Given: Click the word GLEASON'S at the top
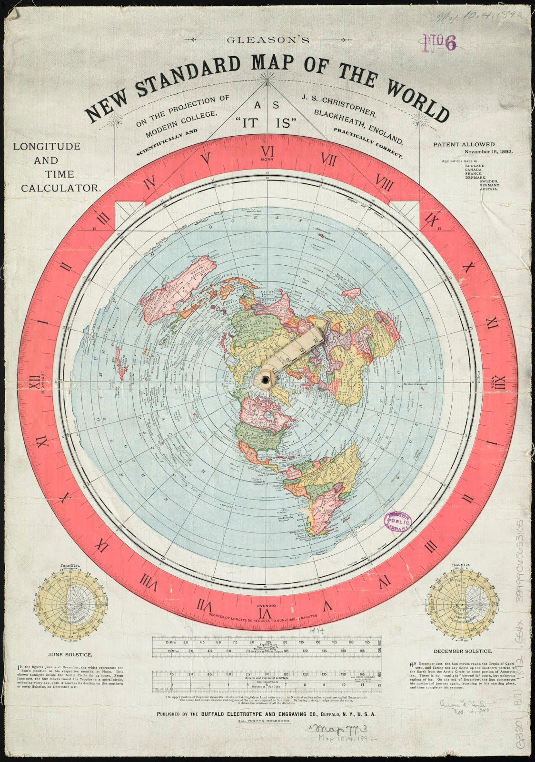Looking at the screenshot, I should [268, 40].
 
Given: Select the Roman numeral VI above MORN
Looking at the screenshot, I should [267, 152].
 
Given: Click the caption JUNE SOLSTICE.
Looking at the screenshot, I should [70, 655].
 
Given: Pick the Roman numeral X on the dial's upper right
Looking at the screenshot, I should [466, 268].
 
